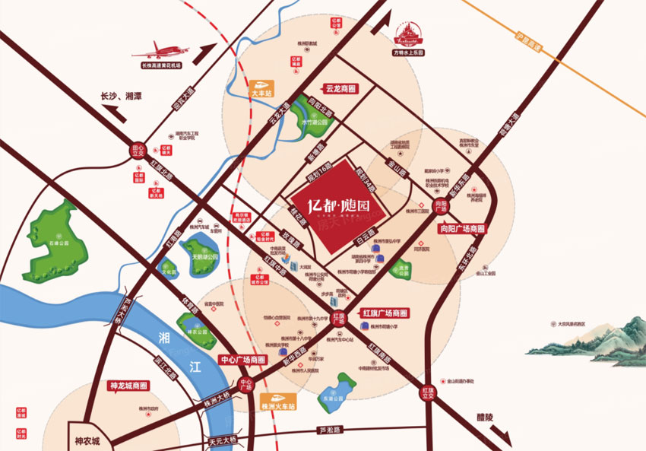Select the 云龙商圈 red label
pos(340,88)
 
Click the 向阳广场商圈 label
pos(461,227)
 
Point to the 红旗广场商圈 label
pos(385,313)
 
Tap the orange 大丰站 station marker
pos(262,87)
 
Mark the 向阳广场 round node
pos(442,205)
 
